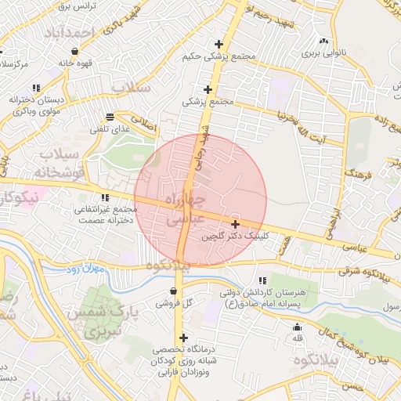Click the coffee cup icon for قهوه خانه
pyautogui.click(x=74, y=51)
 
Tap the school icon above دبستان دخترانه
pyautogui.click(x=35, y=88)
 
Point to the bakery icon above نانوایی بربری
pyautogui.click(x=323, y=42)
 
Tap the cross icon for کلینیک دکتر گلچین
pyautogui.click(x=235, y=224)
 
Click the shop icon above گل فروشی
pyautogui.click(x=172, y=291)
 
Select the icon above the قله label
pyautogui.click(x=297, y=327)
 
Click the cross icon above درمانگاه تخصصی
pyautogui.click(x=183, y=338)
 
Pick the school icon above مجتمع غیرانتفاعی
pyautogui.click(x=105, y=197)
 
